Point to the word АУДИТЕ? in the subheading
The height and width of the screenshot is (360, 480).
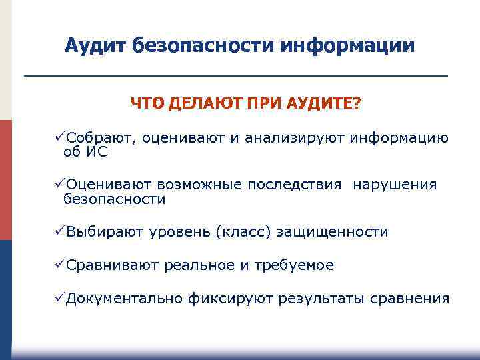point(324,105)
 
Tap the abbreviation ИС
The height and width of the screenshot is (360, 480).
point(97,152)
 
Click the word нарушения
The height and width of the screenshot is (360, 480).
point(395,185)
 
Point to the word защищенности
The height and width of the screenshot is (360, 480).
point(331,232)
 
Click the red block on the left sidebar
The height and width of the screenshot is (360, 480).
point(6,180)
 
